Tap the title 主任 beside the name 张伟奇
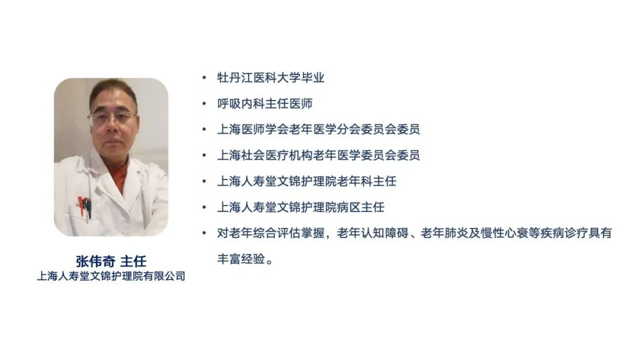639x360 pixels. (133, 261)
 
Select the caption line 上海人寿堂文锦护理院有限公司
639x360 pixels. (111, 277)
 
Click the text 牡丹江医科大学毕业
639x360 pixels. (270, 78)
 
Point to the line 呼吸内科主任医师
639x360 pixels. (265, 104)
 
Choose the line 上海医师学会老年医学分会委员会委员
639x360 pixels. (318, 129)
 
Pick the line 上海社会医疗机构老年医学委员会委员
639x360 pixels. (318, 155)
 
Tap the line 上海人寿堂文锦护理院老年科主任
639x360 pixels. (307, 181)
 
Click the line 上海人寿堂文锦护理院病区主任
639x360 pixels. (301, 207)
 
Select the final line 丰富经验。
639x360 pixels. (245, 259)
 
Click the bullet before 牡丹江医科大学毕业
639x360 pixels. (204, 78)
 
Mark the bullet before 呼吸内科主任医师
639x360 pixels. (204, 104)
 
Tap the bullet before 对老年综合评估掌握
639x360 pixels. (204, 233)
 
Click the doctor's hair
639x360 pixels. (113, 92)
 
